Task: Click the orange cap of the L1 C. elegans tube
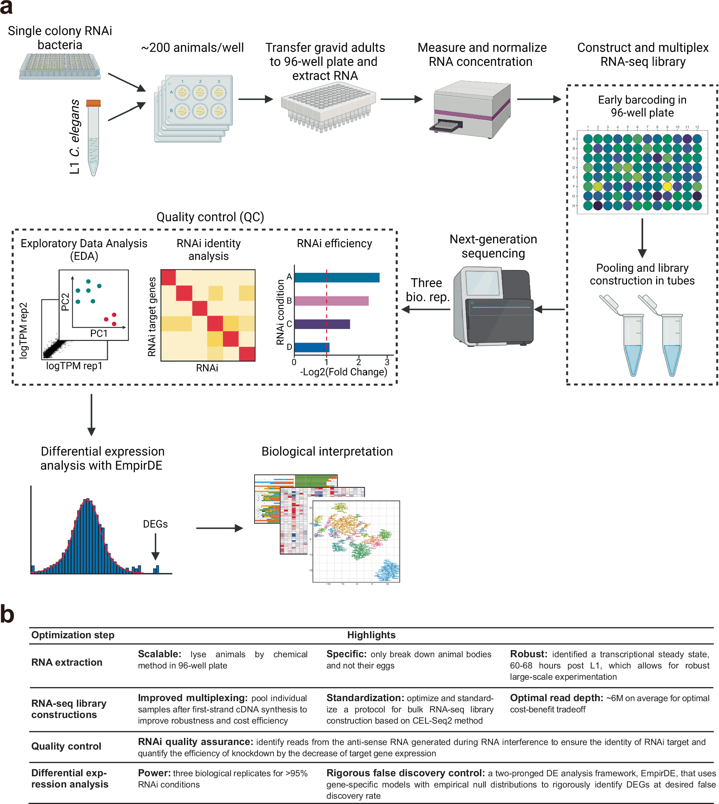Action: [93, 104]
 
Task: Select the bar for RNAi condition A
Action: [337, 277]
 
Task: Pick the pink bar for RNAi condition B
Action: [331, 301]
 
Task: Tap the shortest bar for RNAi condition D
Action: [312, 347]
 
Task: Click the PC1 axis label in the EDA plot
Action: [99, 334]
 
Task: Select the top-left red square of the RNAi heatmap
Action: [168, 277]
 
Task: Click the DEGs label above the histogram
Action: [155, 524]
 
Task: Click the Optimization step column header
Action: [73, 635]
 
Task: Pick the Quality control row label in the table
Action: [66, 746]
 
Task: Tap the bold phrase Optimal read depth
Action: [556, 698]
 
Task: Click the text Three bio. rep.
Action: [428, 290]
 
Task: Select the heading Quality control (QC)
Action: [210, 217]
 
